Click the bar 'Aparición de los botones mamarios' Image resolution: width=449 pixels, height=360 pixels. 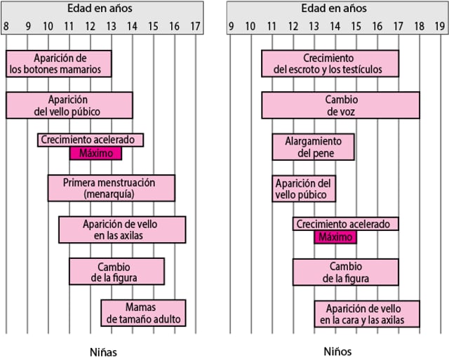[x=58, y=63]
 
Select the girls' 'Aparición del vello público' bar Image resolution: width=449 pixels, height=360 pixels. [x=69, y=105]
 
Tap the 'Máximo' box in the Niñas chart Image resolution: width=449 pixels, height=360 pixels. [x=95, y=154]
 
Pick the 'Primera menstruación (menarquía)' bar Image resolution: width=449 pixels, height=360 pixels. [x=111, y=188]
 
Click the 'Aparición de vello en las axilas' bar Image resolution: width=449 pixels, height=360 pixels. [x=122, y=229]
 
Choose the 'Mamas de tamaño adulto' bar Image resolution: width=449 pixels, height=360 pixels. [x=143, y=313]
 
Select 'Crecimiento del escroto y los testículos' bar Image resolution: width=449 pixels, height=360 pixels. [x=330, y=63]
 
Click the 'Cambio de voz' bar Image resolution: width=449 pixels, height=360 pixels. [x=340, y=105]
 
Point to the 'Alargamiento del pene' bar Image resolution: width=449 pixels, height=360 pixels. [x=313, y=147]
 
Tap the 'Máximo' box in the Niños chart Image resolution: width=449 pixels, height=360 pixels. [x=335, y=236]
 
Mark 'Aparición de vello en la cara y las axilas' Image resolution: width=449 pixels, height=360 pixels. [x=366, y=314]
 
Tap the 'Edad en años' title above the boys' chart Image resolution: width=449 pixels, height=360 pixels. [x=334, y=9]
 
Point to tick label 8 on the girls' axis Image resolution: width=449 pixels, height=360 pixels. [x=6, y=27]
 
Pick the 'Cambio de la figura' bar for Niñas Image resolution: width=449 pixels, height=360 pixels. [x=116, y=271]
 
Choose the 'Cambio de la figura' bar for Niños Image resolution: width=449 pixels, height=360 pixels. [x=345, y=272]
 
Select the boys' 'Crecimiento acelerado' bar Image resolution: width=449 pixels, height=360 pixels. [x=345, y=224]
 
